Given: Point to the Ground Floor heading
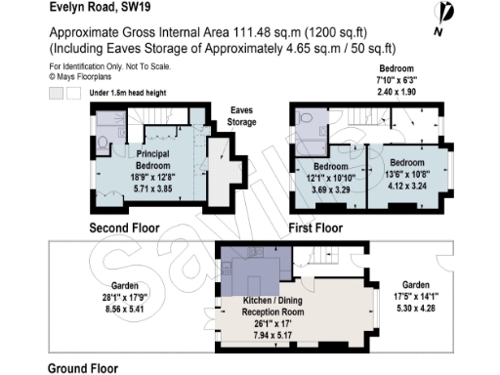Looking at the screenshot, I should pyautogui.click(x=83, y=369).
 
